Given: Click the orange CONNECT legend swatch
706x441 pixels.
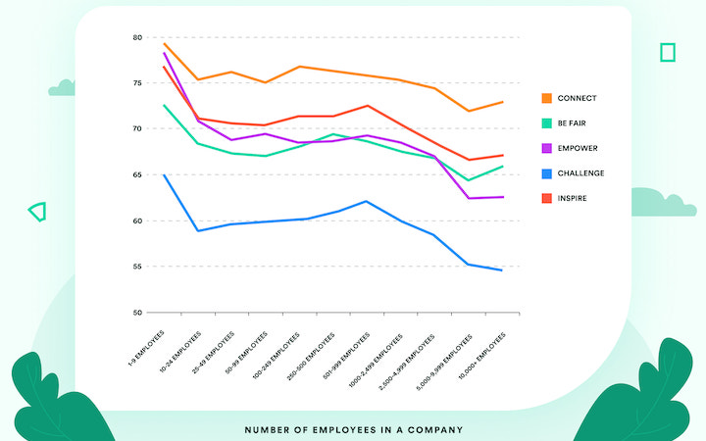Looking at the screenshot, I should (x=547, y=98).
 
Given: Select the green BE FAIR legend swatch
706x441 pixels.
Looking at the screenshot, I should (x=547, y=123).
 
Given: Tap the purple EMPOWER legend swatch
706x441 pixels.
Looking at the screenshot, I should (x=547, y=148).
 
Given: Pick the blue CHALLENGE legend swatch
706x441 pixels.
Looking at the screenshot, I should (x=547, y=173).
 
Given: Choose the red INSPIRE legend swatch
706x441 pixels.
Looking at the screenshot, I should (x=547, y=198).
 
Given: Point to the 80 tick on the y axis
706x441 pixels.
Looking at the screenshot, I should (x=137, y=37).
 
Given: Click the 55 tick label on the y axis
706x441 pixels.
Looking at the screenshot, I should (x=137, y=267).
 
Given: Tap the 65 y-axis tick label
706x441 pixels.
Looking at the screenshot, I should (x=137, y=174).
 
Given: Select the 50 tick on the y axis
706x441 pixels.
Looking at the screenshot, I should (x=137, y=313).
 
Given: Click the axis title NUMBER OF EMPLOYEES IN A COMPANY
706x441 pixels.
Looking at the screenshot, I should (x=353, y=429).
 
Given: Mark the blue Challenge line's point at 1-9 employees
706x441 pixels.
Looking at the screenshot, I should (x=164, y=174).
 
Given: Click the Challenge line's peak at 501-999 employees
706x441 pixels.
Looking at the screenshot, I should (x=366, y=201).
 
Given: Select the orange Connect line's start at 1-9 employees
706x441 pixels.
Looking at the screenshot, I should (x=164, y=43).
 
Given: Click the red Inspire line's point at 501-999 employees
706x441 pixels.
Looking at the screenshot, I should (x=366, y=106).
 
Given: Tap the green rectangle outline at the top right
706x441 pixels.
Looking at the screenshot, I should (x=668, y=52).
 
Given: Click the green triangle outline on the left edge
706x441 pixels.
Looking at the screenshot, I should (x=37, y=211).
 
